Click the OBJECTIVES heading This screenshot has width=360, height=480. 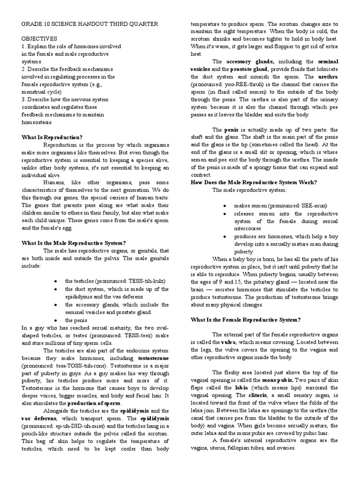(x=39, y=38)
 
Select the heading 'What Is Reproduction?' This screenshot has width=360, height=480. (x=52, y=137)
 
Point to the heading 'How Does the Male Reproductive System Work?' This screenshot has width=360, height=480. (x=254, y=182)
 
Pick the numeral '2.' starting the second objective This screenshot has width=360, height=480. (x=24, y=69)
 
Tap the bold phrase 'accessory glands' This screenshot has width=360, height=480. (x=250, y=61)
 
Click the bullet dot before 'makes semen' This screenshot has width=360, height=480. (x=225, y=206)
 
